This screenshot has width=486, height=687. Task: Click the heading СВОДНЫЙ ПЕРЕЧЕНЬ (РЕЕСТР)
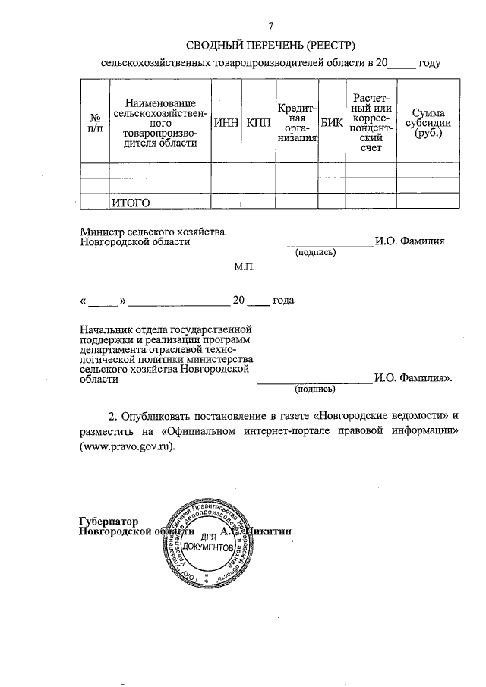point(271,45)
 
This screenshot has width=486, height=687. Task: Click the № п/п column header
point(95,123)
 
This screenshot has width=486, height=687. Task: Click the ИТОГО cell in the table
point(131,202)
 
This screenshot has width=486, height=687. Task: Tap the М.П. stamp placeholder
point(245,269)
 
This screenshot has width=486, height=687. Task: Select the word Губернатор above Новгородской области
point(110,521)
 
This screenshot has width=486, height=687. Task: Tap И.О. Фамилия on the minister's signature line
point(409,241)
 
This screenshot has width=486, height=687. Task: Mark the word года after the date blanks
point(283,301)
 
